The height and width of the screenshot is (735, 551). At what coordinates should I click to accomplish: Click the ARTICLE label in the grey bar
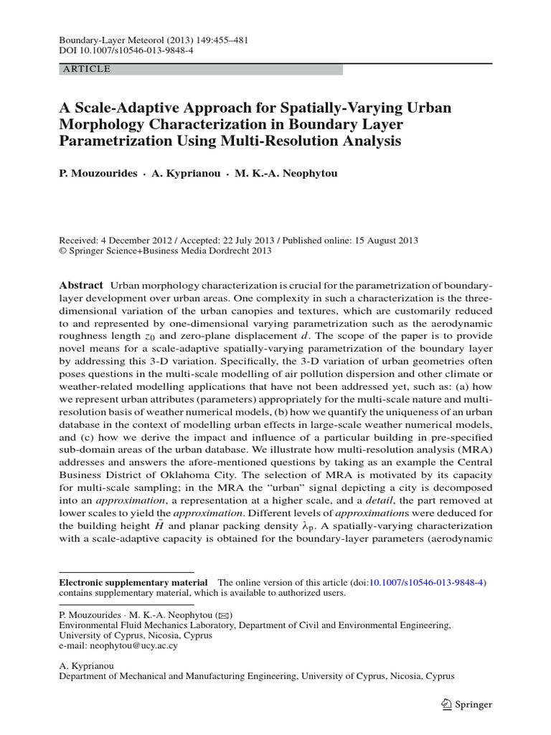click(87, 70)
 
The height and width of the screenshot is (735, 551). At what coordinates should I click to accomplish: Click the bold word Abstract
click(80, 285)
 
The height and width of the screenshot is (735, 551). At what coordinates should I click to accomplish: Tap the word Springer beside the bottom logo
click(474, 705)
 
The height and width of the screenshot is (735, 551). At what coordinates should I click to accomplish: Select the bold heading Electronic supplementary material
click(133, 583)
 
